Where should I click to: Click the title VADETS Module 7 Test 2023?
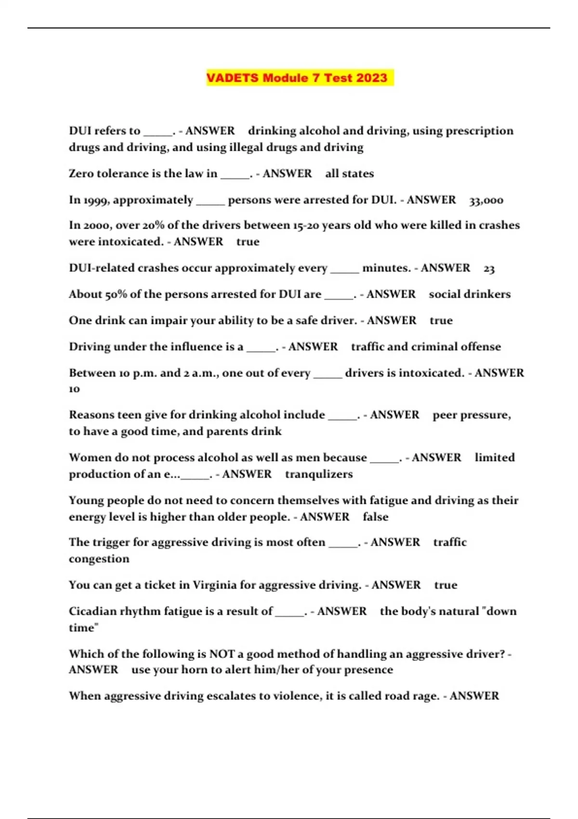click(297, 78)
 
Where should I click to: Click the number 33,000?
click(486, 200)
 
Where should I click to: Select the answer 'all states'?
click(349, 173)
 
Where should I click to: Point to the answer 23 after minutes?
click(489, 268)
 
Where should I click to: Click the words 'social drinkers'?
click(470, 294)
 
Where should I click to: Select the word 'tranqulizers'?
click(319, 474)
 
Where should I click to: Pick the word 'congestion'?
click(99, 559)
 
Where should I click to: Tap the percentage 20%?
click(153, 225)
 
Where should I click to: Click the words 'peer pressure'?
click(471, 415)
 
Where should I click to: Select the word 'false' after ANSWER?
click(375, 517)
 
